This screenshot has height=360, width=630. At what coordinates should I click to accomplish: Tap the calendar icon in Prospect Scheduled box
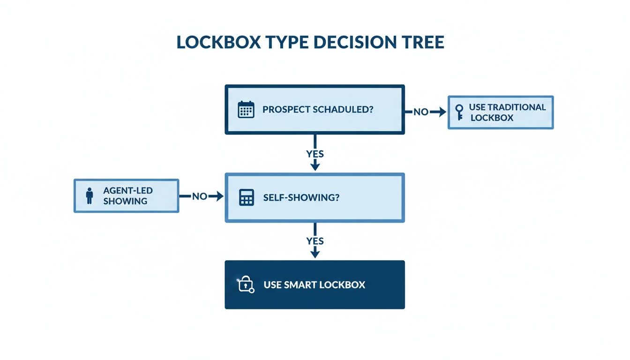[246, 109]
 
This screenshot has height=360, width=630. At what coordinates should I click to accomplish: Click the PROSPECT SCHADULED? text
[318, 109]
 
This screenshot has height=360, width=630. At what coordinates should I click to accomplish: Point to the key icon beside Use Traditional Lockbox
[459, 112]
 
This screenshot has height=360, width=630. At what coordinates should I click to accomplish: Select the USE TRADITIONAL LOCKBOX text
[508, 112]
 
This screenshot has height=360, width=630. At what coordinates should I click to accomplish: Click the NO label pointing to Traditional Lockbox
[420, 112]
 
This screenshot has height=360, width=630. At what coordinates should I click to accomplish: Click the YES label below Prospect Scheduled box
[315, 154]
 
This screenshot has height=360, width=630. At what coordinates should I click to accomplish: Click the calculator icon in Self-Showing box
[246, 197]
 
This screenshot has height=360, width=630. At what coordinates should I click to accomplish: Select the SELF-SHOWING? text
[301, 197]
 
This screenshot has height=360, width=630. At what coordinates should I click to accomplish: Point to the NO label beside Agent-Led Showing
[199, 196]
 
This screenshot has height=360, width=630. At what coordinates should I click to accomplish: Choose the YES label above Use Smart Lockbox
[315, 241]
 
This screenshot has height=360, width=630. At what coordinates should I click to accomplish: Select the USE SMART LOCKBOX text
[314, 285]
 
